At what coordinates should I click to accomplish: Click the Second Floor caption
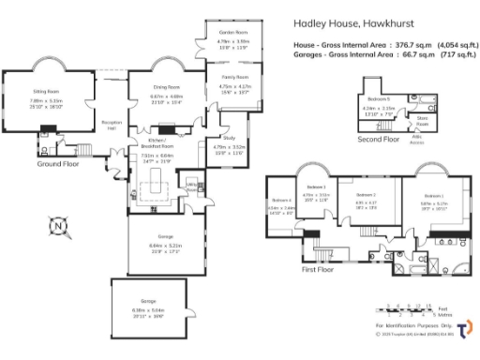[377, 141]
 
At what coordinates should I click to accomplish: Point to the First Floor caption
[319, 269]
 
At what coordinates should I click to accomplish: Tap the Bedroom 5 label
[379, 98]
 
